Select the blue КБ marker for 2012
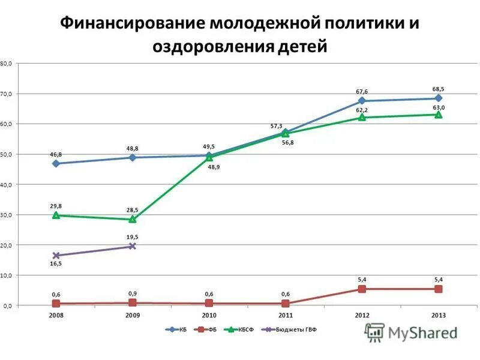[x=362, y=101]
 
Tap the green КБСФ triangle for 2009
[x=133, y=219]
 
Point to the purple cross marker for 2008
[x=56, y=256]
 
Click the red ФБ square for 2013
[x=439, y=289]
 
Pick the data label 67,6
[x=362, y=92]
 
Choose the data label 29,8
[x=56, y=206]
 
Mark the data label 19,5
[x=133, y=237]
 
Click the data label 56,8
[x=288, y=142]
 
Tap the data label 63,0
[x=439, y=107]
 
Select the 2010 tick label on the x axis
[x=209, y=314]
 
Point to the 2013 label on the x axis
[x=439, y=314]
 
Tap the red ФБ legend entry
[x=208, y=329]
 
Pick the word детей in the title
[x=303, y=46]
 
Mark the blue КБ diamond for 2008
[x=56, y=163]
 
